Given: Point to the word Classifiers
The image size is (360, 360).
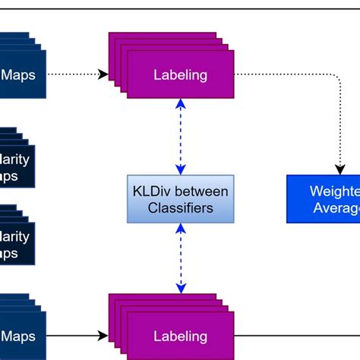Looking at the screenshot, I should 181,207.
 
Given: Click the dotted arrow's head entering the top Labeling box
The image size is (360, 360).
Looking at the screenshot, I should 104,74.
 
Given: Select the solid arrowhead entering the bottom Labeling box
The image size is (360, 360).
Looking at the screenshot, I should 104,335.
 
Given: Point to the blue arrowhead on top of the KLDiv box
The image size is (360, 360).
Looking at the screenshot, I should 181,169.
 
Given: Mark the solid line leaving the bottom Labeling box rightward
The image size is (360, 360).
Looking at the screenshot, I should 296,335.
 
